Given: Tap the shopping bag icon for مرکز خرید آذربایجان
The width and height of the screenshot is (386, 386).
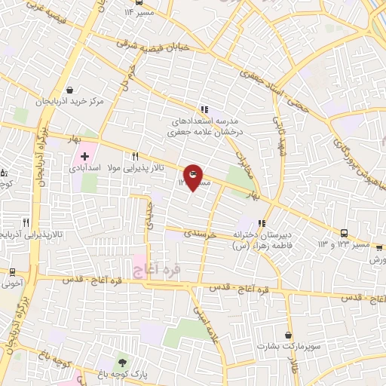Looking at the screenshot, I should (70, 89).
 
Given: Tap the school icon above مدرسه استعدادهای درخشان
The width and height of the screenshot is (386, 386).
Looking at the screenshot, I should (204, 109).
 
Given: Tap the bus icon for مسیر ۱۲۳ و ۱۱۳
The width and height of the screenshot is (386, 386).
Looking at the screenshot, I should (344, 233).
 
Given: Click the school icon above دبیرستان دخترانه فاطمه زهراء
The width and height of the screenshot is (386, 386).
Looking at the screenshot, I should (262, 223).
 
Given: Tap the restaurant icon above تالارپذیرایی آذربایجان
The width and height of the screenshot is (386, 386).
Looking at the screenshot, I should (26, 222).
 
